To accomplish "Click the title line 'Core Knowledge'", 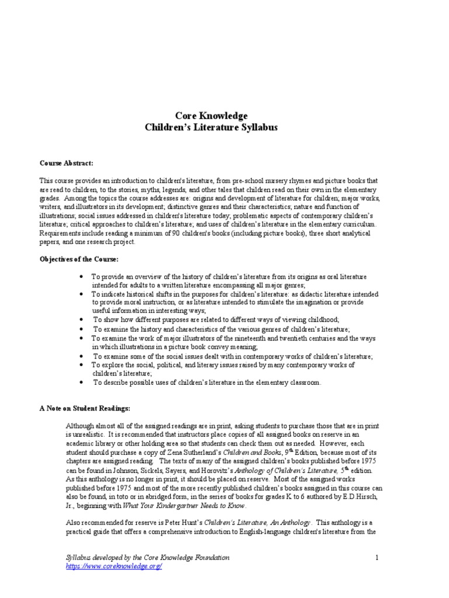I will click(x=212, y=116).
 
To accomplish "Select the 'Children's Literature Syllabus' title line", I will click(x=212, y=127).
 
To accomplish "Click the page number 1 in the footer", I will click(x=378, y=558).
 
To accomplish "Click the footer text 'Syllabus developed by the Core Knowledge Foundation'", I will click(x=147, y=558).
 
